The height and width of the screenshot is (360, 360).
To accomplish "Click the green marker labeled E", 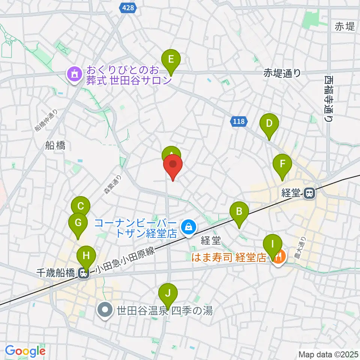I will click(x=171, y=60).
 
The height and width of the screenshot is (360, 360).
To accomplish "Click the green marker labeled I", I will click(x=273, y=246).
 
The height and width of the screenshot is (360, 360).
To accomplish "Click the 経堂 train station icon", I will click(x=309, y=193).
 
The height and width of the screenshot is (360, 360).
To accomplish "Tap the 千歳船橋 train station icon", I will click(x=84, y=274).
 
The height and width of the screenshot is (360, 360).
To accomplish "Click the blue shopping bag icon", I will click(x=187, y=226).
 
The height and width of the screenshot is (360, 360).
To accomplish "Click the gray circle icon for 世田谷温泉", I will click(x=105, y=310).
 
